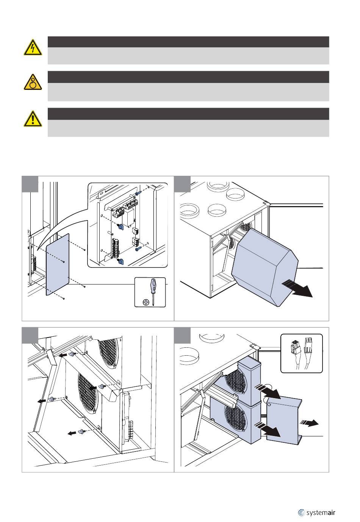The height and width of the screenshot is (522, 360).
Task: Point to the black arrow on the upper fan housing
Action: [269, 391]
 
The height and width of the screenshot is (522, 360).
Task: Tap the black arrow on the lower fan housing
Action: [270, 429]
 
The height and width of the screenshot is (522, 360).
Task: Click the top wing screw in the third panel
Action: [71, 354]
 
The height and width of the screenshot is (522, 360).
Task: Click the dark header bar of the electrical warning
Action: [188, 42]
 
